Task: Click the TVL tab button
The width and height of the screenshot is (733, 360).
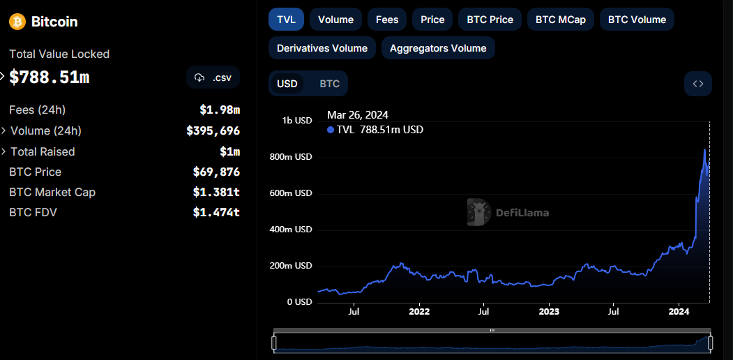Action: [x=286, y=19]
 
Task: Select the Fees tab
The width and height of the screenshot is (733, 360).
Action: [x=387, y=19]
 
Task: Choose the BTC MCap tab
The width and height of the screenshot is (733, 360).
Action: [x=561, y=19]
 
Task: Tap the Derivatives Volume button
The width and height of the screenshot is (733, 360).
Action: [x=322, y=47]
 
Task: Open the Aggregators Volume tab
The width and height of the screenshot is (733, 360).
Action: [x=438, y=47]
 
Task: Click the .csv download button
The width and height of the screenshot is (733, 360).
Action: [x=213, y=77]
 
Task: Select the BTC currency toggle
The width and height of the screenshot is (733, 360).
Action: [x=330, y=84]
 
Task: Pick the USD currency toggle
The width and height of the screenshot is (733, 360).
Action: [x=287, y=84]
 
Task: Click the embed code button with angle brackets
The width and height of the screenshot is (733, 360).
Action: [x=698, y=84]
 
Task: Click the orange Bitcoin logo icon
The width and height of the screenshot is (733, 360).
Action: [x=17, y=22]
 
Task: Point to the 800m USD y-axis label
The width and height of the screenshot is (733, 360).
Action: [x=291, y=157]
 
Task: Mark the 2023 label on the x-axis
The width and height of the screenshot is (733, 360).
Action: [x=549, y=311]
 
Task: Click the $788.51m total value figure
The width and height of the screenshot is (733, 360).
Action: [x=50, y=77]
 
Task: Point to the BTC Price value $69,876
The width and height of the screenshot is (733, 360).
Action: [x=216, y=172]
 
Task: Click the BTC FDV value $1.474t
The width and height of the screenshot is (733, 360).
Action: [x=216, y=212]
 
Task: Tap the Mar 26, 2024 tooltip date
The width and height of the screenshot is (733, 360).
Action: [x=358, y=114]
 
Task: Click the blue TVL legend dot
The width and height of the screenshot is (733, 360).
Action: [x=331, y=130]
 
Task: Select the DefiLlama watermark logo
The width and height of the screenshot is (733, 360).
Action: [x=508, y=213]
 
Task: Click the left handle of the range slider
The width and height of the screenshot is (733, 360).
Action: [x=274, y=343]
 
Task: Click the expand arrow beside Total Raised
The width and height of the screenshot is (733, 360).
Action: [x=3, y=151]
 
